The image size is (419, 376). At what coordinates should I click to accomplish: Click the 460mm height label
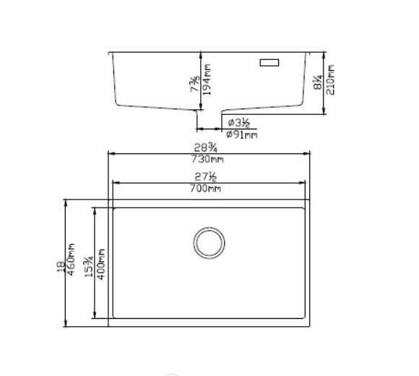tap(72, 264)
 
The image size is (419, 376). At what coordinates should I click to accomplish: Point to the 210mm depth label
tap(332, 81)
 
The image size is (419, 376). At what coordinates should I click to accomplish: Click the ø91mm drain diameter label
tap(241, 134)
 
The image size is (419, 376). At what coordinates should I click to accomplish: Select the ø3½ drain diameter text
tap(239, 122)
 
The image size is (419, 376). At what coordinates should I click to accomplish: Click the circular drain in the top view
tap(209, 242)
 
